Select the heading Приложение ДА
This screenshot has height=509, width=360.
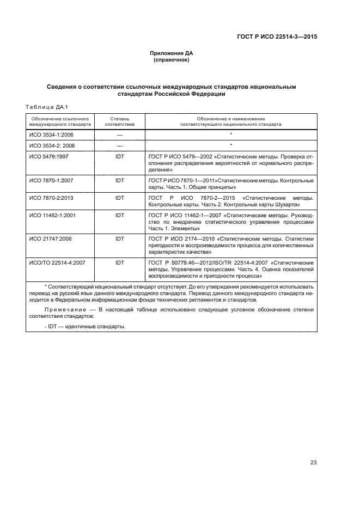[172, 53]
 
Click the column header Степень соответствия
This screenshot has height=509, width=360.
[120, 121]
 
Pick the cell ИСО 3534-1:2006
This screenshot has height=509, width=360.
[51, 134]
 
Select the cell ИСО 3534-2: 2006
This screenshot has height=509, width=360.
[52, 145]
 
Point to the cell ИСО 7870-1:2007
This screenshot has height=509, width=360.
[51, 181]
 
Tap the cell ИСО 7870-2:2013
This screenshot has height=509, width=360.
[51, 198]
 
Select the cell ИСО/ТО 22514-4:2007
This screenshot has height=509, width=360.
[57, 263]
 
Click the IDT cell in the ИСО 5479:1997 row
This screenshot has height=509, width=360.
[120, 157]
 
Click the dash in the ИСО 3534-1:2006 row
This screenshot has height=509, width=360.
[120, 134]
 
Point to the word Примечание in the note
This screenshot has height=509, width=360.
[64, 310]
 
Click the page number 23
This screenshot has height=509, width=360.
[313, 463]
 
